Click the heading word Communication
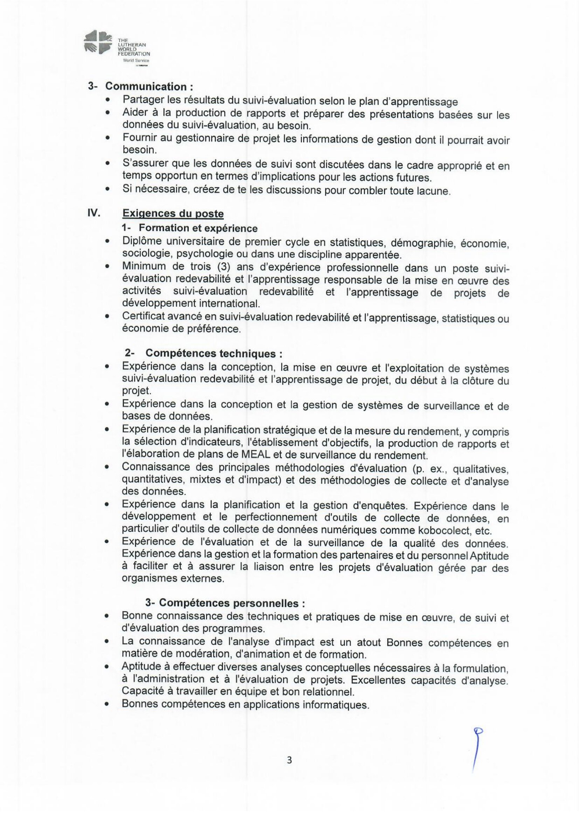tap(146, 86)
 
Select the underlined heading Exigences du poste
tap(173, 214)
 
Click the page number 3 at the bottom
tap(289, 760)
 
